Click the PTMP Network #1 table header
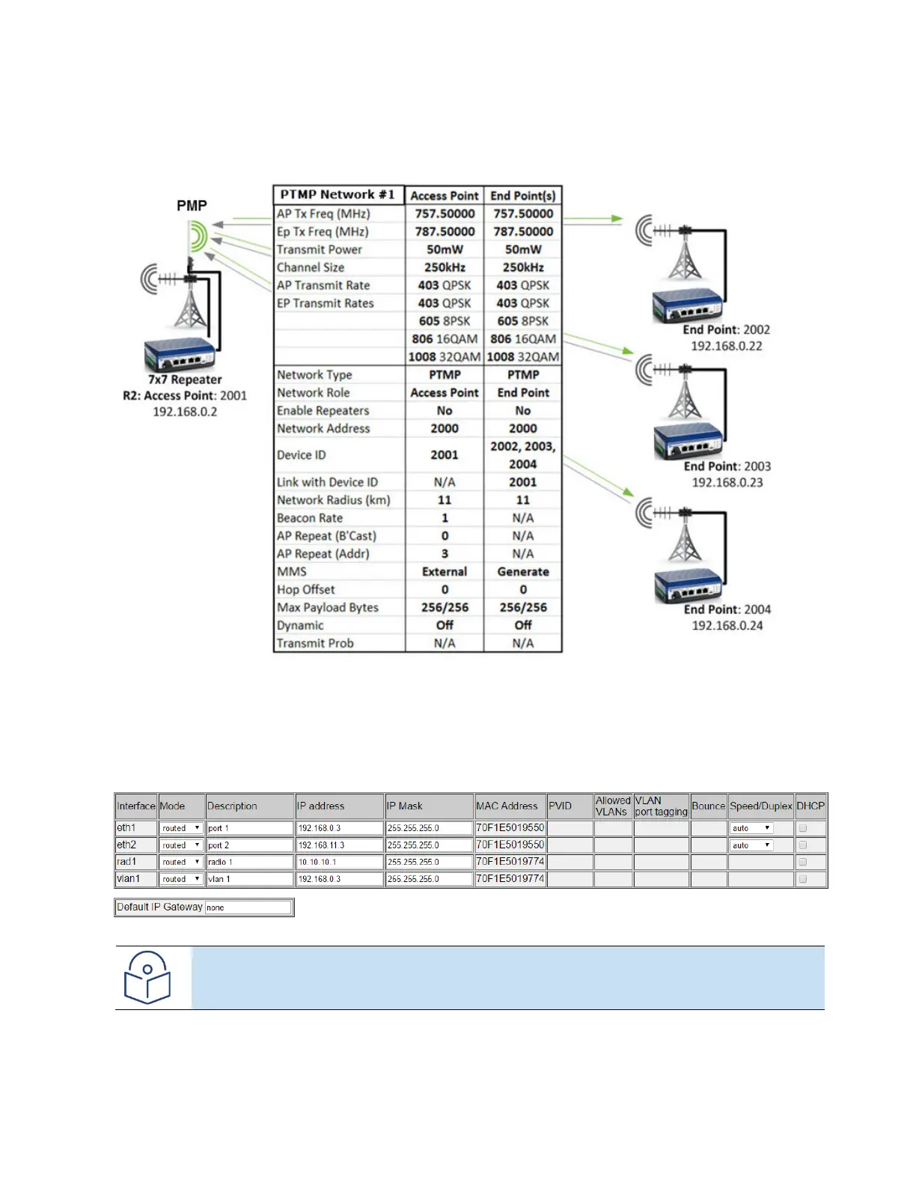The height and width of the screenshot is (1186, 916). point(338,195)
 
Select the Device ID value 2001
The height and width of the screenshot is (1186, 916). point(445,455)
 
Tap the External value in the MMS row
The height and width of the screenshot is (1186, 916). point(445,572)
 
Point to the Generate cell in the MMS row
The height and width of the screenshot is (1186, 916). point(523,572)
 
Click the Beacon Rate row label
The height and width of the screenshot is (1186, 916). point(310,518)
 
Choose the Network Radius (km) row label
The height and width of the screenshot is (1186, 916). point(333,500)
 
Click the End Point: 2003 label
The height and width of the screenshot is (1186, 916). point(727,466)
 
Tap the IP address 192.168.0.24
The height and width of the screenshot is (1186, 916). point(727,626)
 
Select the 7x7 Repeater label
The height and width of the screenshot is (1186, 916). point(185,380)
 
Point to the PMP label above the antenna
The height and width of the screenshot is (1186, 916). point(192,205)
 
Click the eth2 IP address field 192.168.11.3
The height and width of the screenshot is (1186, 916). point(340,845)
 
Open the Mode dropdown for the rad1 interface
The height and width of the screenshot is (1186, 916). point(181,863)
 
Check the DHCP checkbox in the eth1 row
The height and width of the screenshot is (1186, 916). point(803,828)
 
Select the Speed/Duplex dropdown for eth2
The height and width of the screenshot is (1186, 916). point(751,845)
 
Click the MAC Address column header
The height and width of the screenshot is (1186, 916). point(507,806)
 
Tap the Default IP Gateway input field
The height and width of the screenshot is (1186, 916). point(248,907)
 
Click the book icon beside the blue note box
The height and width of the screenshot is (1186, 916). point(147,977)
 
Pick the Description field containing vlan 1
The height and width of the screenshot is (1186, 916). point(250,879)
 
